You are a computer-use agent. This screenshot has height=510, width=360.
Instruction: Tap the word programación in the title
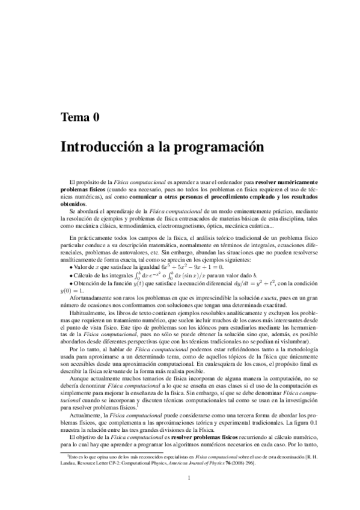[207, 146]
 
